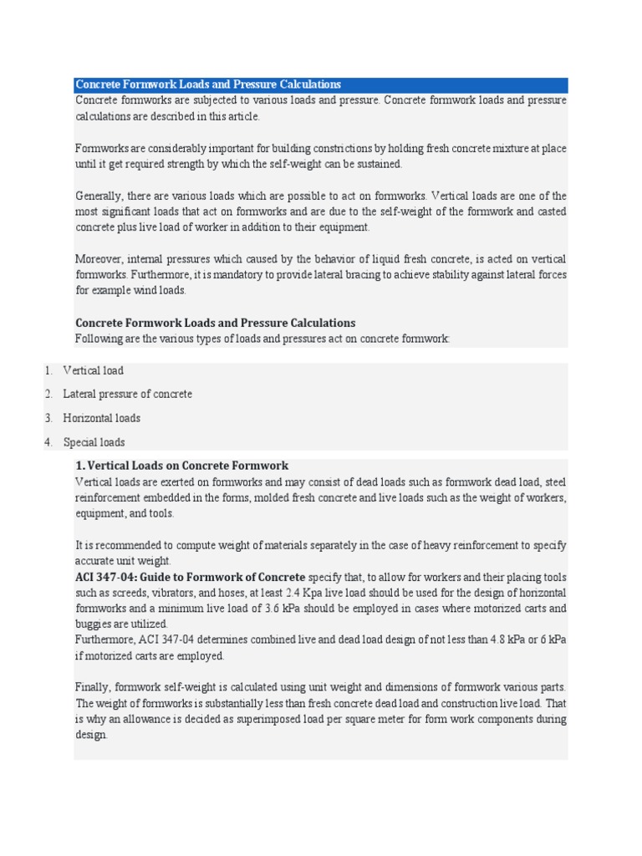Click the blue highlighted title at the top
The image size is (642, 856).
(x=208, y=84)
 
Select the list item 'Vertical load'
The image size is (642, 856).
(x=93, y=370)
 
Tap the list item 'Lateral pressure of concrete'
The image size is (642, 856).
(x=127, y=394)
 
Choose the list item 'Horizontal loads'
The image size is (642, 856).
(x=102, y=418)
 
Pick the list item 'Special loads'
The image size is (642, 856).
(x=94, y=442)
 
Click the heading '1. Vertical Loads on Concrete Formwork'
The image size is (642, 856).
(x=182, y=466)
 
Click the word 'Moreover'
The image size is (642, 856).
(x=99, y=258)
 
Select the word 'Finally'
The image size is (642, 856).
(x=93, y=687)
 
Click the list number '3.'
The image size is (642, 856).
(x=48, y=418)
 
